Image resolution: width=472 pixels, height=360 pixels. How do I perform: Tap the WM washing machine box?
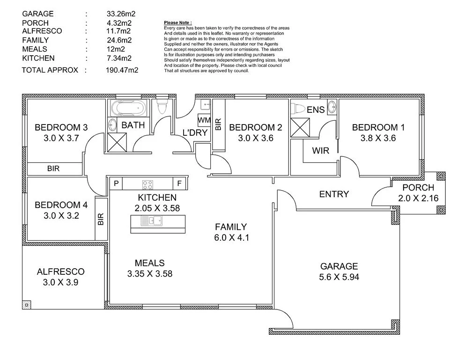pos(204,120)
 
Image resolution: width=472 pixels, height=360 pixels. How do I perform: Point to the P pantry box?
pos(116,183)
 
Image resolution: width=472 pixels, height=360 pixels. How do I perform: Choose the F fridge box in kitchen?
pos(179,183)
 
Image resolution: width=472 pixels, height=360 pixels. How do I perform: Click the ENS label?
pos(316,110)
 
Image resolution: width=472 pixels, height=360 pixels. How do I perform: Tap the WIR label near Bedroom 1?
pos(321,151)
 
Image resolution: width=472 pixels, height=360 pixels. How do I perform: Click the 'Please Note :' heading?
pos(178,22)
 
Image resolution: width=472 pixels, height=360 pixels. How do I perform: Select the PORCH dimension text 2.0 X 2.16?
pos(418,198)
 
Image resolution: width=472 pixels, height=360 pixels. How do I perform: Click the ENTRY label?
pos(334,194)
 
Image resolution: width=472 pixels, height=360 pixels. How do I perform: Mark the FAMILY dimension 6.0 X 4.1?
pos(231,237)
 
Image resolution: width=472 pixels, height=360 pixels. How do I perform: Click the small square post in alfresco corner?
pos(27,305)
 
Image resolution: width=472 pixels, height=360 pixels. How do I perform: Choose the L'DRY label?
pos(195,132)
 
